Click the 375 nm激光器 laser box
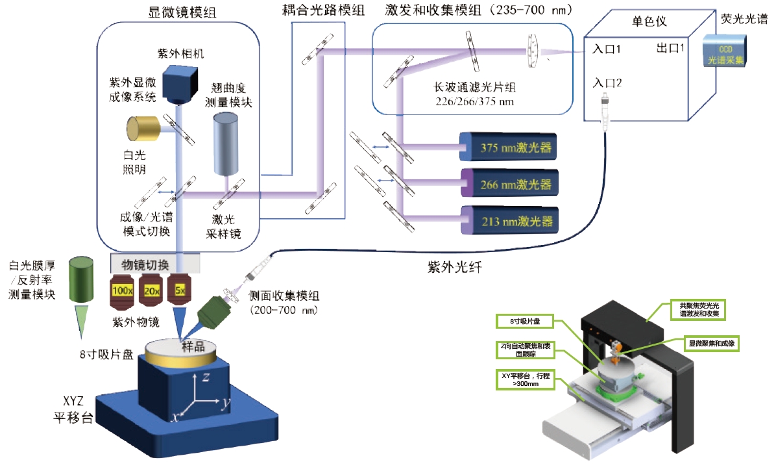509,147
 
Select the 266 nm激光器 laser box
509,184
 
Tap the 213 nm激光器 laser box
509,220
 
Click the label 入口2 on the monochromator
608,83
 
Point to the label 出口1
671,49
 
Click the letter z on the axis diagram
204,376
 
